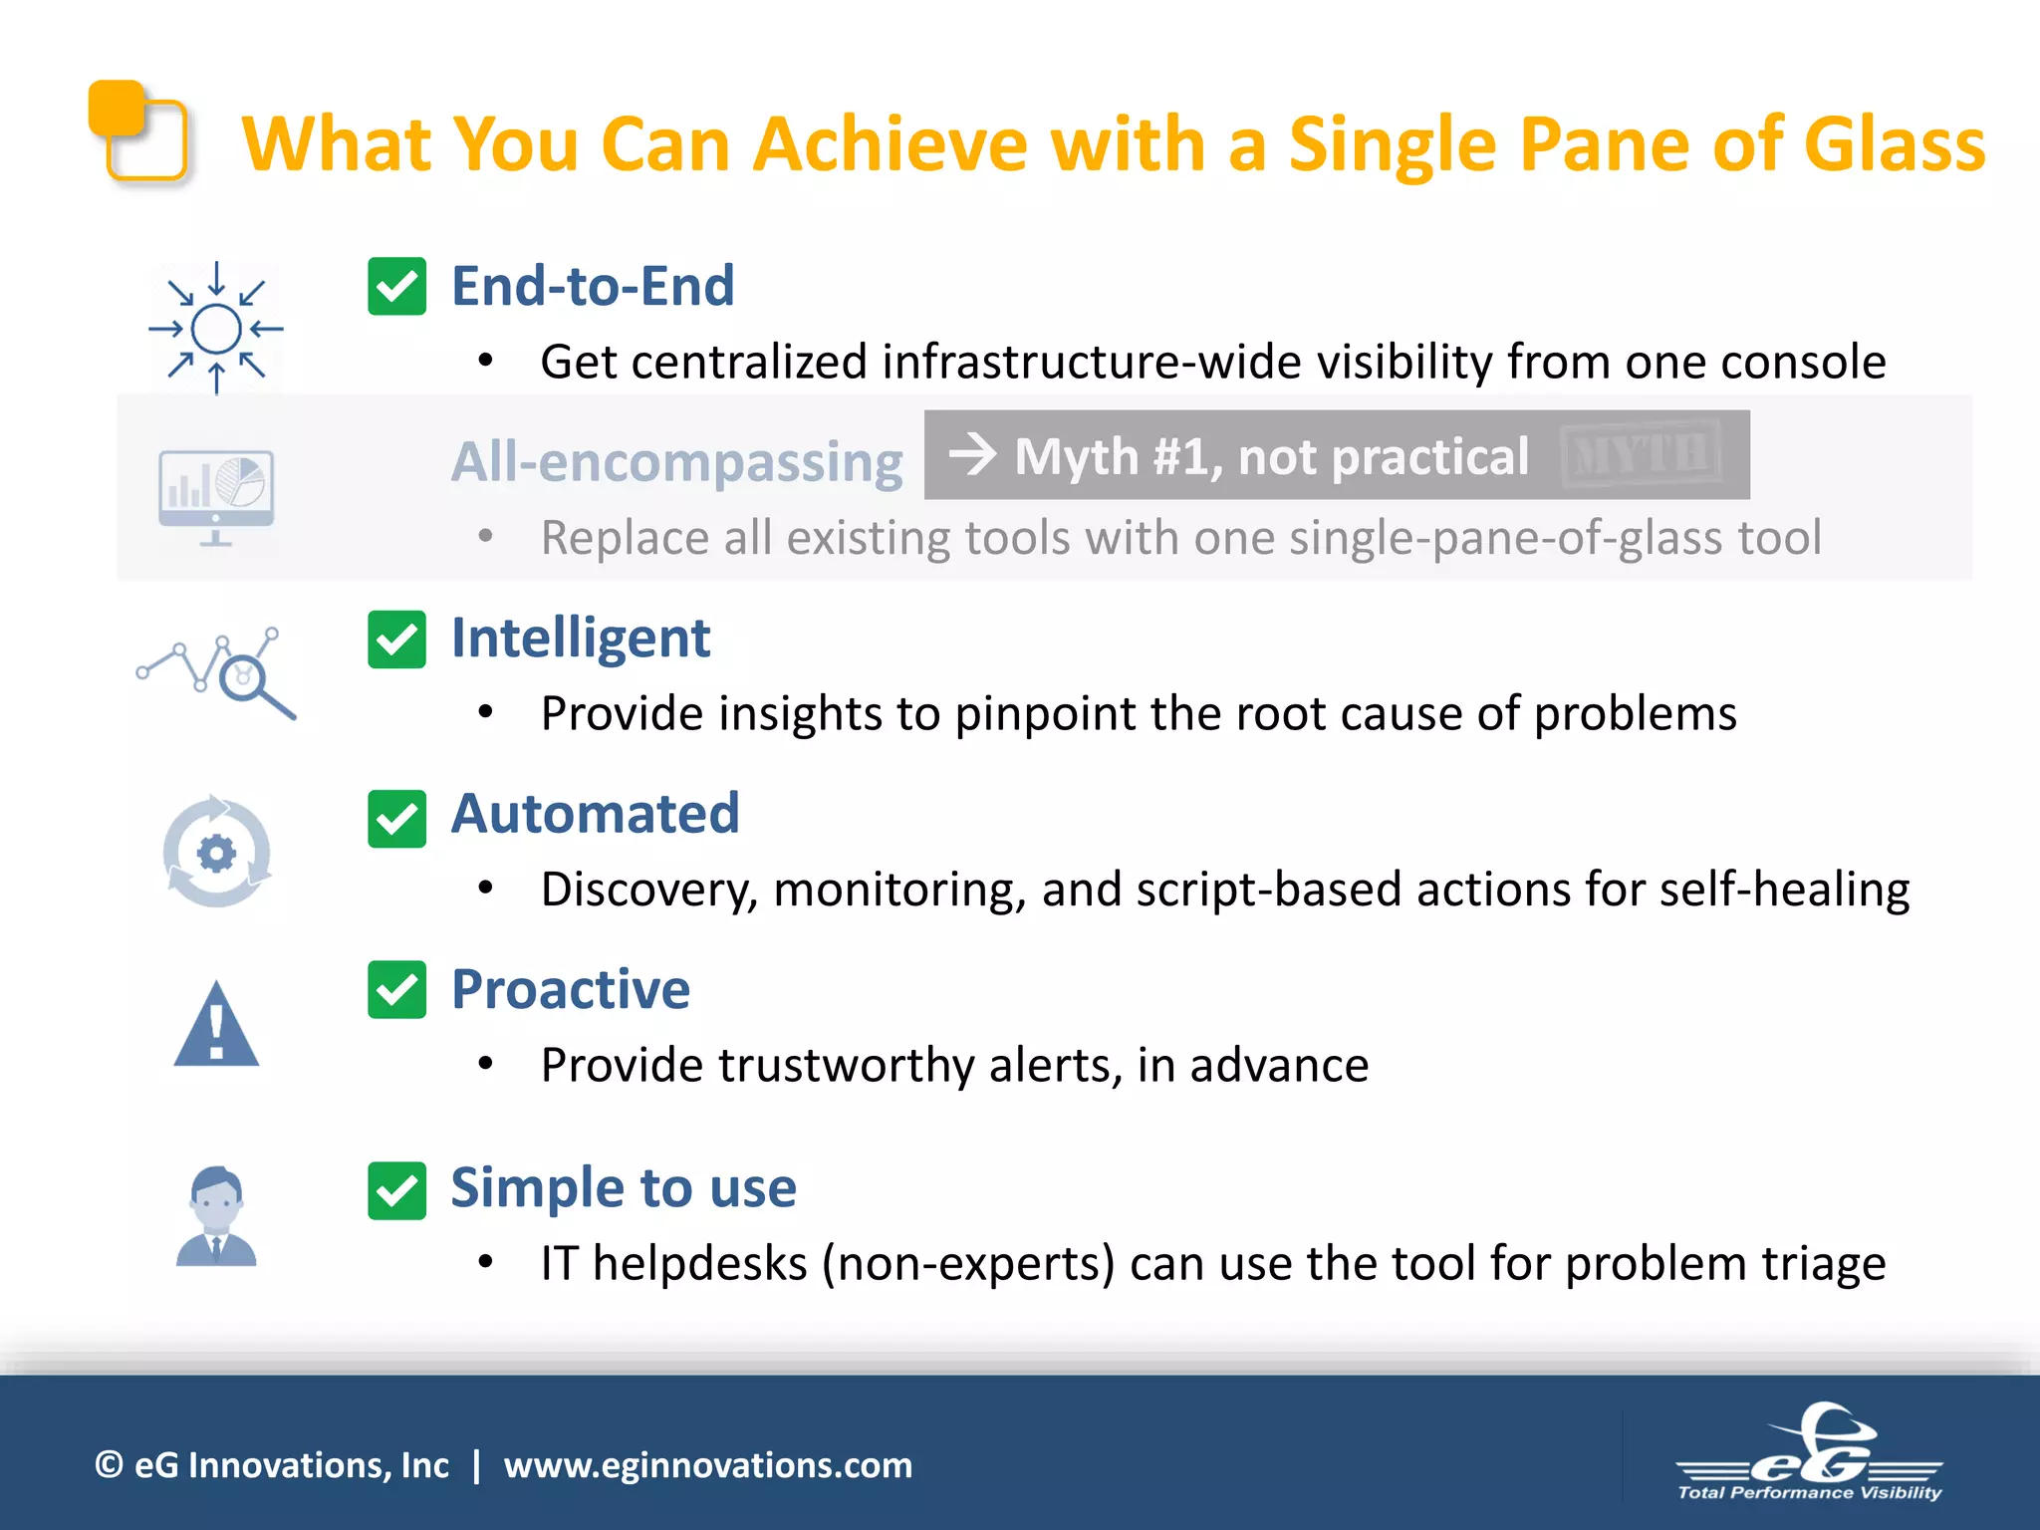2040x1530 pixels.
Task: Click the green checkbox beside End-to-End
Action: coord(396,287)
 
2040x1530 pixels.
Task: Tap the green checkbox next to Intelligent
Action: coord(396,638)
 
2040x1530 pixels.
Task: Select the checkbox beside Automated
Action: coord(396,818)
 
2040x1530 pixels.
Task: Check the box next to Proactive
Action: coord(396,989)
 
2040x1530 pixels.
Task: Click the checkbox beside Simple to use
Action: coord(396,1190)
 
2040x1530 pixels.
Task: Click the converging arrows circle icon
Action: coord(216,329)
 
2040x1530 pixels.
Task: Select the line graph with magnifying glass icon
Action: coord(216,673)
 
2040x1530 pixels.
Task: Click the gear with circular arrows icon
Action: coord(216,853)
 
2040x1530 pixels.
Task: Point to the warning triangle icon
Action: coord(216,1026)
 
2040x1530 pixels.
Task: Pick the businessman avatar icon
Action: coord(216,1216)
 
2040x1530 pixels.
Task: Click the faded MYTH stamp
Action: coord(1641,455)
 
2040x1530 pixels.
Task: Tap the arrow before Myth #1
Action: coord(972,455)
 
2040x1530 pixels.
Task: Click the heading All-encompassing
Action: coord(676,462)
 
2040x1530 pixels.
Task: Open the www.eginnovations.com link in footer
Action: coord(707,1465)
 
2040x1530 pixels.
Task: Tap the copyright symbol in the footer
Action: coord(109,1465)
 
